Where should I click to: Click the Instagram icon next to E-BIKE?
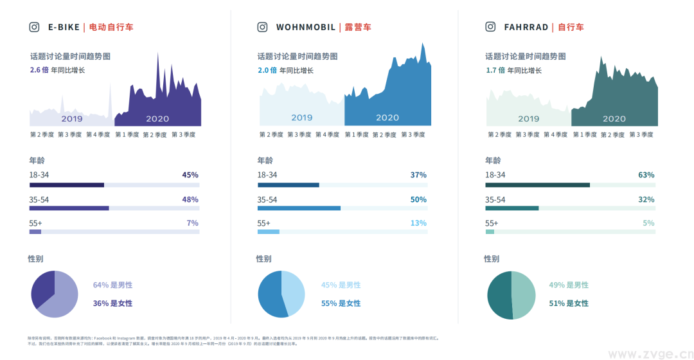pos(35,27)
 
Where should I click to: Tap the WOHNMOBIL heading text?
pos(305,27)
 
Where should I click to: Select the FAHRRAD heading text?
pos(526,27)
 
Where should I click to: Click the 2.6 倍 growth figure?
pos(39,70)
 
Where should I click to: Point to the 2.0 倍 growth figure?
pos(267,70)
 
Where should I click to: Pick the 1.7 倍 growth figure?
pos(494,70)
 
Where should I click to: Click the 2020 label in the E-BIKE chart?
pos(157,119)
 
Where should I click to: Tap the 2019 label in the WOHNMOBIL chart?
pos(301,118)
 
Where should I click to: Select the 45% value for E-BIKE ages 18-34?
pos(190,175)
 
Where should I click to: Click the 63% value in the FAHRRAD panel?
pos(646,175)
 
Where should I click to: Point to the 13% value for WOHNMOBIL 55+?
pos(418,223)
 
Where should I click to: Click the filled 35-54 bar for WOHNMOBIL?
pos(299,208)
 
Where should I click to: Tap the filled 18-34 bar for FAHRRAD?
pos(537,185)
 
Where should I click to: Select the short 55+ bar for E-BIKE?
pos(35,232)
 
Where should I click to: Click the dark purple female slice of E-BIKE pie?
pos(42,288)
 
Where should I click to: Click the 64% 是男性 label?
pos(112,285)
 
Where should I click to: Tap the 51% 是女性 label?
pos(568,303)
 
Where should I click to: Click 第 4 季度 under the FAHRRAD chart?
pos(556,135)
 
